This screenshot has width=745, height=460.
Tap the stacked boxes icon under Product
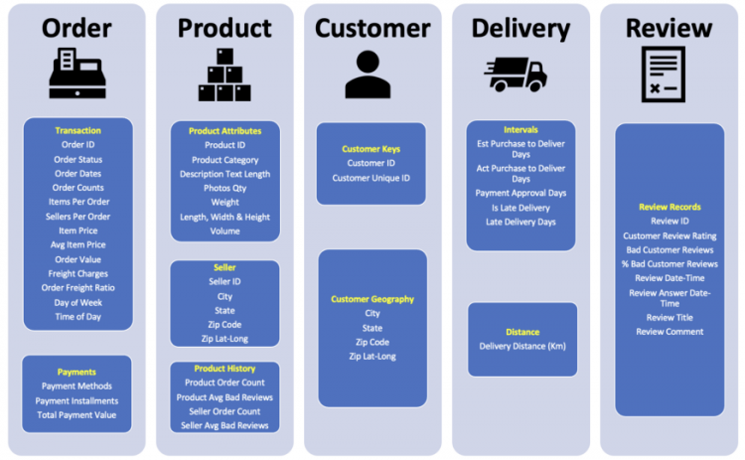[224, 76]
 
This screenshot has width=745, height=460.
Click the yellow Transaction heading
[77, 130]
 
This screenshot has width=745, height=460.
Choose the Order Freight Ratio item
[77, 288]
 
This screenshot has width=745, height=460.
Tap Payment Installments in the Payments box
[77, 400]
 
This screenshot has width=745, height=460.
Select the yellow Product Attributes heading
[224, 131]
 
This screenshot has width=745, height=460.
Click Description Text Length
[224, 174]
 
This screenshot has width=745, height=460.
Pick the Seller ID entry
[224, 281]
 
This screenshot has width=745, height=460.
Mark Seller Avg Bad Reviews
[224, 425]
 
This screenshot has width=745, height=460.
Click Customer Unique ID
[372, 178]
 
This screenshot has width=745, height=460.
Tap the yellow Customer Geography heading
[372, 299]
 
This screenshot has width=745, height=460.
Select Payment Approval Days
[521, 193]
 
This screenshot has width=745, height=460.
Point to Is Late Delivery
[521, 208]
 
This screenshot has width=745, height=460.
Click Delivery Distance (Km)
[522, 346]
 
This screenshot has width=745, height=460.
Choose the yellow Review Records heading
[670, 207]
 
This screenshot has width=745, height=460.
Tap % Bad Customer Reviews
[670, 263]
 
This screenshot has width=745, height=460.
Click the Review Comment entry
[670, 332]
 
